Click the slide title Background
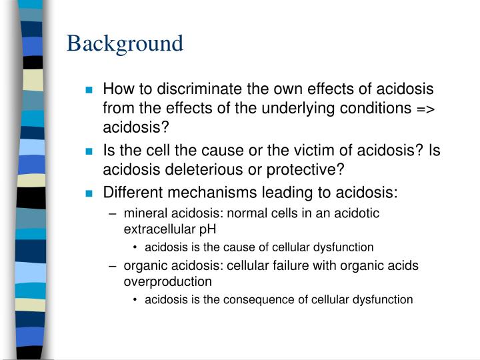(125, 43)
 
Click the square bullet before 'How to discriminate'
(89, 90)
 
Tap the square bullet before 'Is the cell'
(89, 152)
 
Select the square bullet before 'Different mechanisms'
(89, 195)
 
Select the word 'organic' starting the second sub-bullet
(144, 265)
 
